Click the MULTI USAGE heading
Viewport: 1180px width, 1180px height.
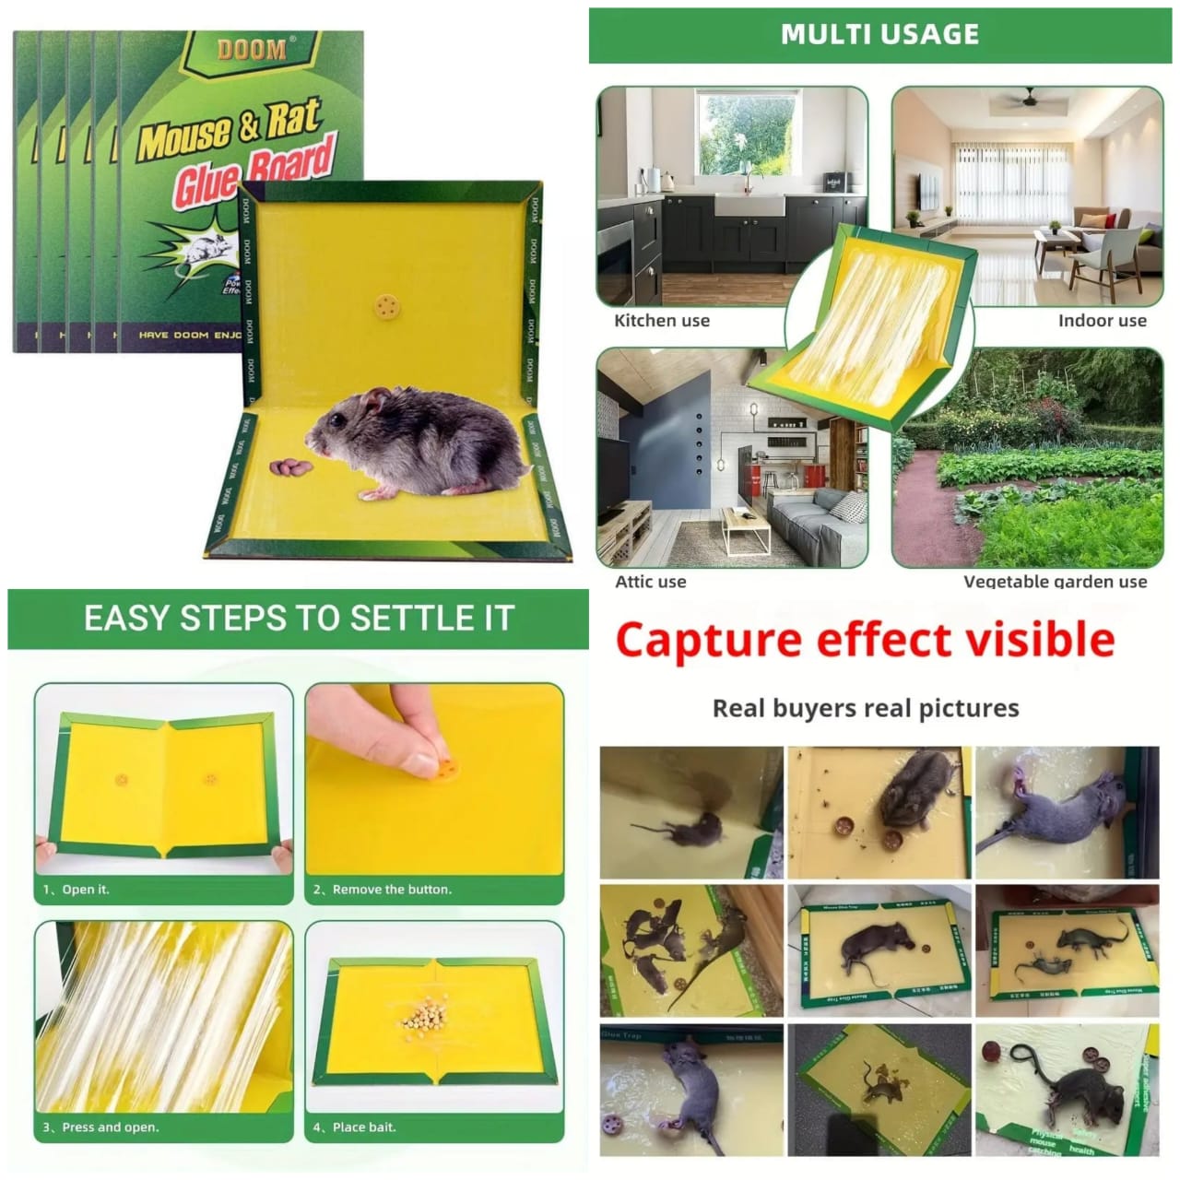coord(879,34)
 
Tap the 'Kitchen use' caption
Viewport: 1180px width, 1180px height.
coord(662,321)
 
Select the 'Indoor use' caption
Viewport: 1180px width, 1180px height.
coord(1102,321)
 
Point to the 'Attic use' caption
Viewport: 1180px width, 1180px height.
coord(651,582)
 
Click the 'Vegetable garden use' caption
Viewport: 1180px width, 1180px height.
coord(1055,582)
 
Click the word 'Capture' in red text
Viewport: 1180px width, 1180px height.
coord(708,639)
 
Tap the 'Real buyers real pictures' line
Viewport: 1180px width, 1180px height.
coord(866,708)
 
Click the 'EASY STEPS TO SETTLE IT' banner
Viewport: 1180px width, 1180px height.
coord(299,618)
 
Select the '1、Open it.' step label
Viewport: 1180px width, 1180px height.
coord(76,890)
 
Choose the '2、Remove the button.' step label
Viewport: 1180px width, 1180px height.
coord(382,890)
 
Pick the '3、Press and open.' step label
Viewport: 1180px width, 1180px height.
coord(100,1127)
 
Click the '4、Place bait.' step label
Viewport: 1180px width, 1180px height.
coord(354,1127)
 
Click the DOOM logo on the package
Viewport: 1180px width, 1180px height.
coord(251,49)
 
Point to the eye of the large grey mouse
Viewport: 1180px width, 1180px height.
coord(342,420)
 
